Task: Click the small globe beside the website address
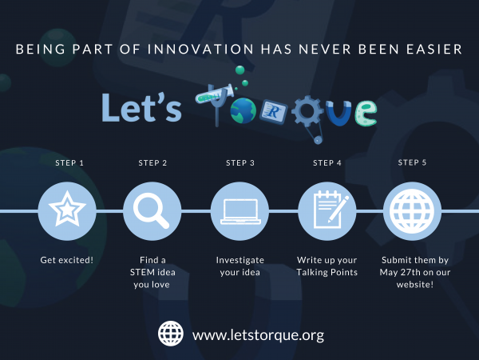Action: coord(171,334)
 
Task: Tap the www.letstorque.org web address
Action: coord(259,334)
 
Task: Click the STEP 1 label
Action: coord(69,163)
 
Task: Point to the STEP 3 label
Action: coord(240,163)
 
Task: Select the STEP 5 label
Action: coord(412,162)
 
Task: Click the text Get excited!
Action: coord(67,261)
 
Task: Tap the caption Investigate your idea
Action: coord(239,266)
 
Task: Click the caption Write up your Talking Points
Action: coord(327,266)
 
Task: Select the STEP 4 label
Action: coord(327,163)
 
